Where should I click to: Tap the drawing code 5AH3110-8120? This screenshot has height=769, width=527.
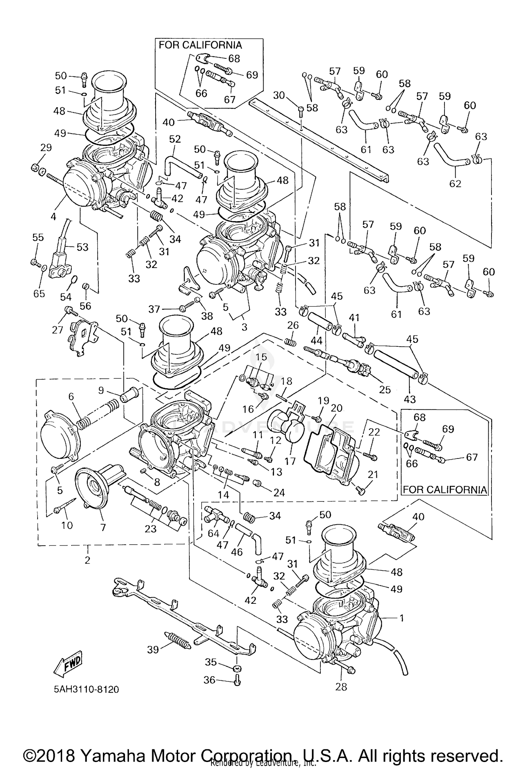click(86, 689)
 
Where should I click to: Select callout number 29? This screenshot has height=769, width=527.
click(46, 148)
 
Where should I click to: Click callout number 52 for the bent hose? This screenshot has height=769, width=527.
click(175, 139)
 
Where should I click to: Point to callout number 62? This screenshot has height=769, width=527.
click(455, 183)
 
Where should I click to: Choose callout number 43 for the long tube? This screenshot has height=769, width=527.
click(410, 399)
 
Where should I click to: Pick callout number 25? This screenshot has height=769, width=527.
click(385, 389)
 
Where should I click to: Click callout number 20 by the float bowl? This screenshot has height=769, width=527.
click(336, 408)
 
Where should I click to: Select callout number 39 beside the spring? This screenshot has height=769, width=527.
click(153, 649)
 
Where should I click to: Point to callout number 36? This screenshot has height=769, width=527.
click(209, 680)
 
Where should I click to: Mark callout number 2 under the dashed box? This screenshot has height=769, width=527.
click(87, 559)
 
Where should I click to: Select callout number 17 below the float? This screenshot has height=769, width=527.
click(290, 461)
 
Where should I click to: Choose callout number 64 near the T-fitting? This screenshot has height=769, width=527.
click(213, 533)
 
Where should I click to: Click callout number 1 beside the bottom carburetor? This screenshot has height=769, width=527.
click(401, 618)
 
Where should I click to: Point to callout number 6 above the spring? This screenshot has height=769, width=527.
click(71, 397)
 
